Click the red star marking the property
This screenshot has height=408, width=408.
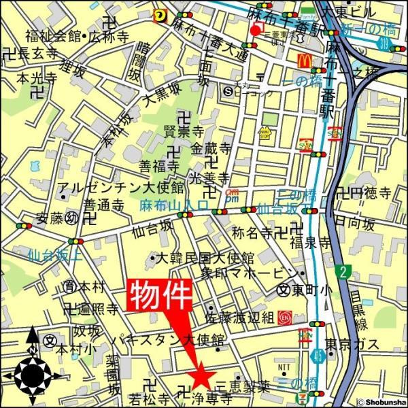tap(200, 376)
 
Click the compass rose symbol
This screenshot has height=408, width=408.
tap(31, 373)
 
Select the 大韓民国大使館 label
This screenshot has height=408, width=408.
tap(204, 258)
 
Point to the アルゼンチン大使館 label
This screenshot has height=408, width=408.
tap(120, 187)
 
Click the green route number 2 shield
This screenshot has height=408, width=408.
tap(343, 272)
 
